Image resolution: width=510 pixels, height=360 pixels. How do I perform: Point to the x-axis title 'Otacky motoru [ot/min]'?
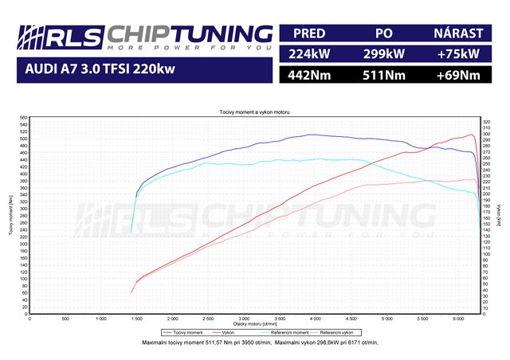(x=255, y=324)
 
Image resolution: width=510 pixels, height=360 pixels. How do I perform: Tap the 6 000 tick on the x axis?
(x=458, y=318)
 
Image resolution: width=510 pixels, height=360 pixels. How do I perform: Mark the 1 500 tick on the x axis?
(x=136, y=318)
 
